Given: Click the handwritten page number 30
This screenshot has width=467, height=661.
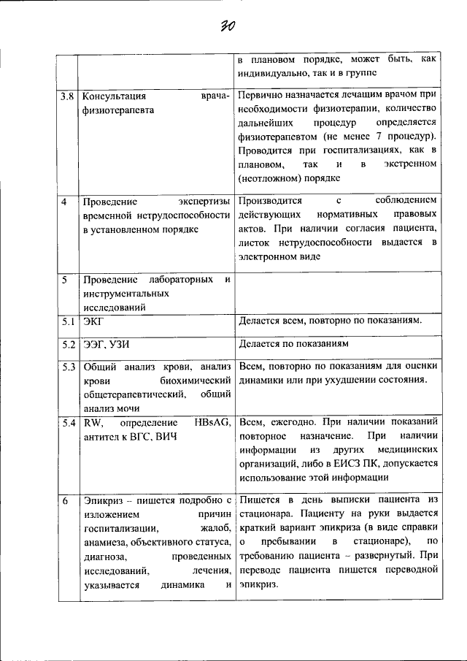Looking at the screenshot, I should point(228,26).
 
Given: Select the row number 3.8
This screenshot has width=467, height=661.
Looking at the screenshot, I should point(67,96).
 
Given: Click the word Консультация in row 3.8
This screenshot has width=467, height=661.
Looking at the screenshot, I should point(115,96).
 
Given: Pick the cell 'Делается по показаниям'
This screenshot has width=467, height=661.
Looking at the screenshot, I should point(294,343).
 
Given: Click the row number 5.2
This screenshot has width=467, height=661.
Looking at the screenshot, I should point(67,344).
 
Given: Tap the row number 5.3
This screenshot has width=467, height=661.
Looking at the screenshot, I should point(67,367).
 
